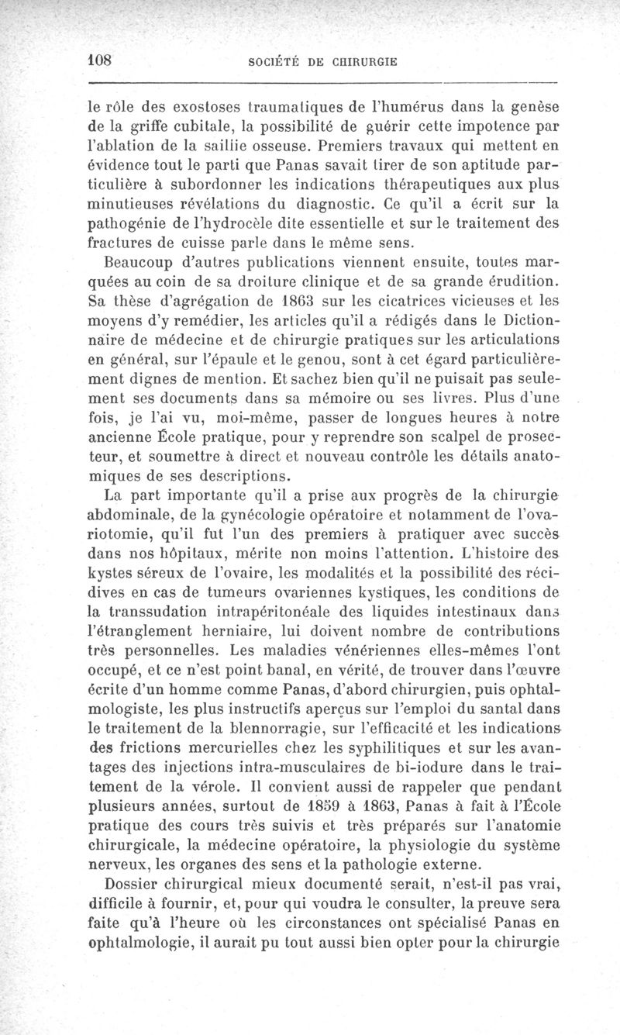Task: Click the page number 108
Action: click(x=101, y=59)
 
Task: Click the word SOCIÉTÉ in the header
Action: click(x=274, y=60)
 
